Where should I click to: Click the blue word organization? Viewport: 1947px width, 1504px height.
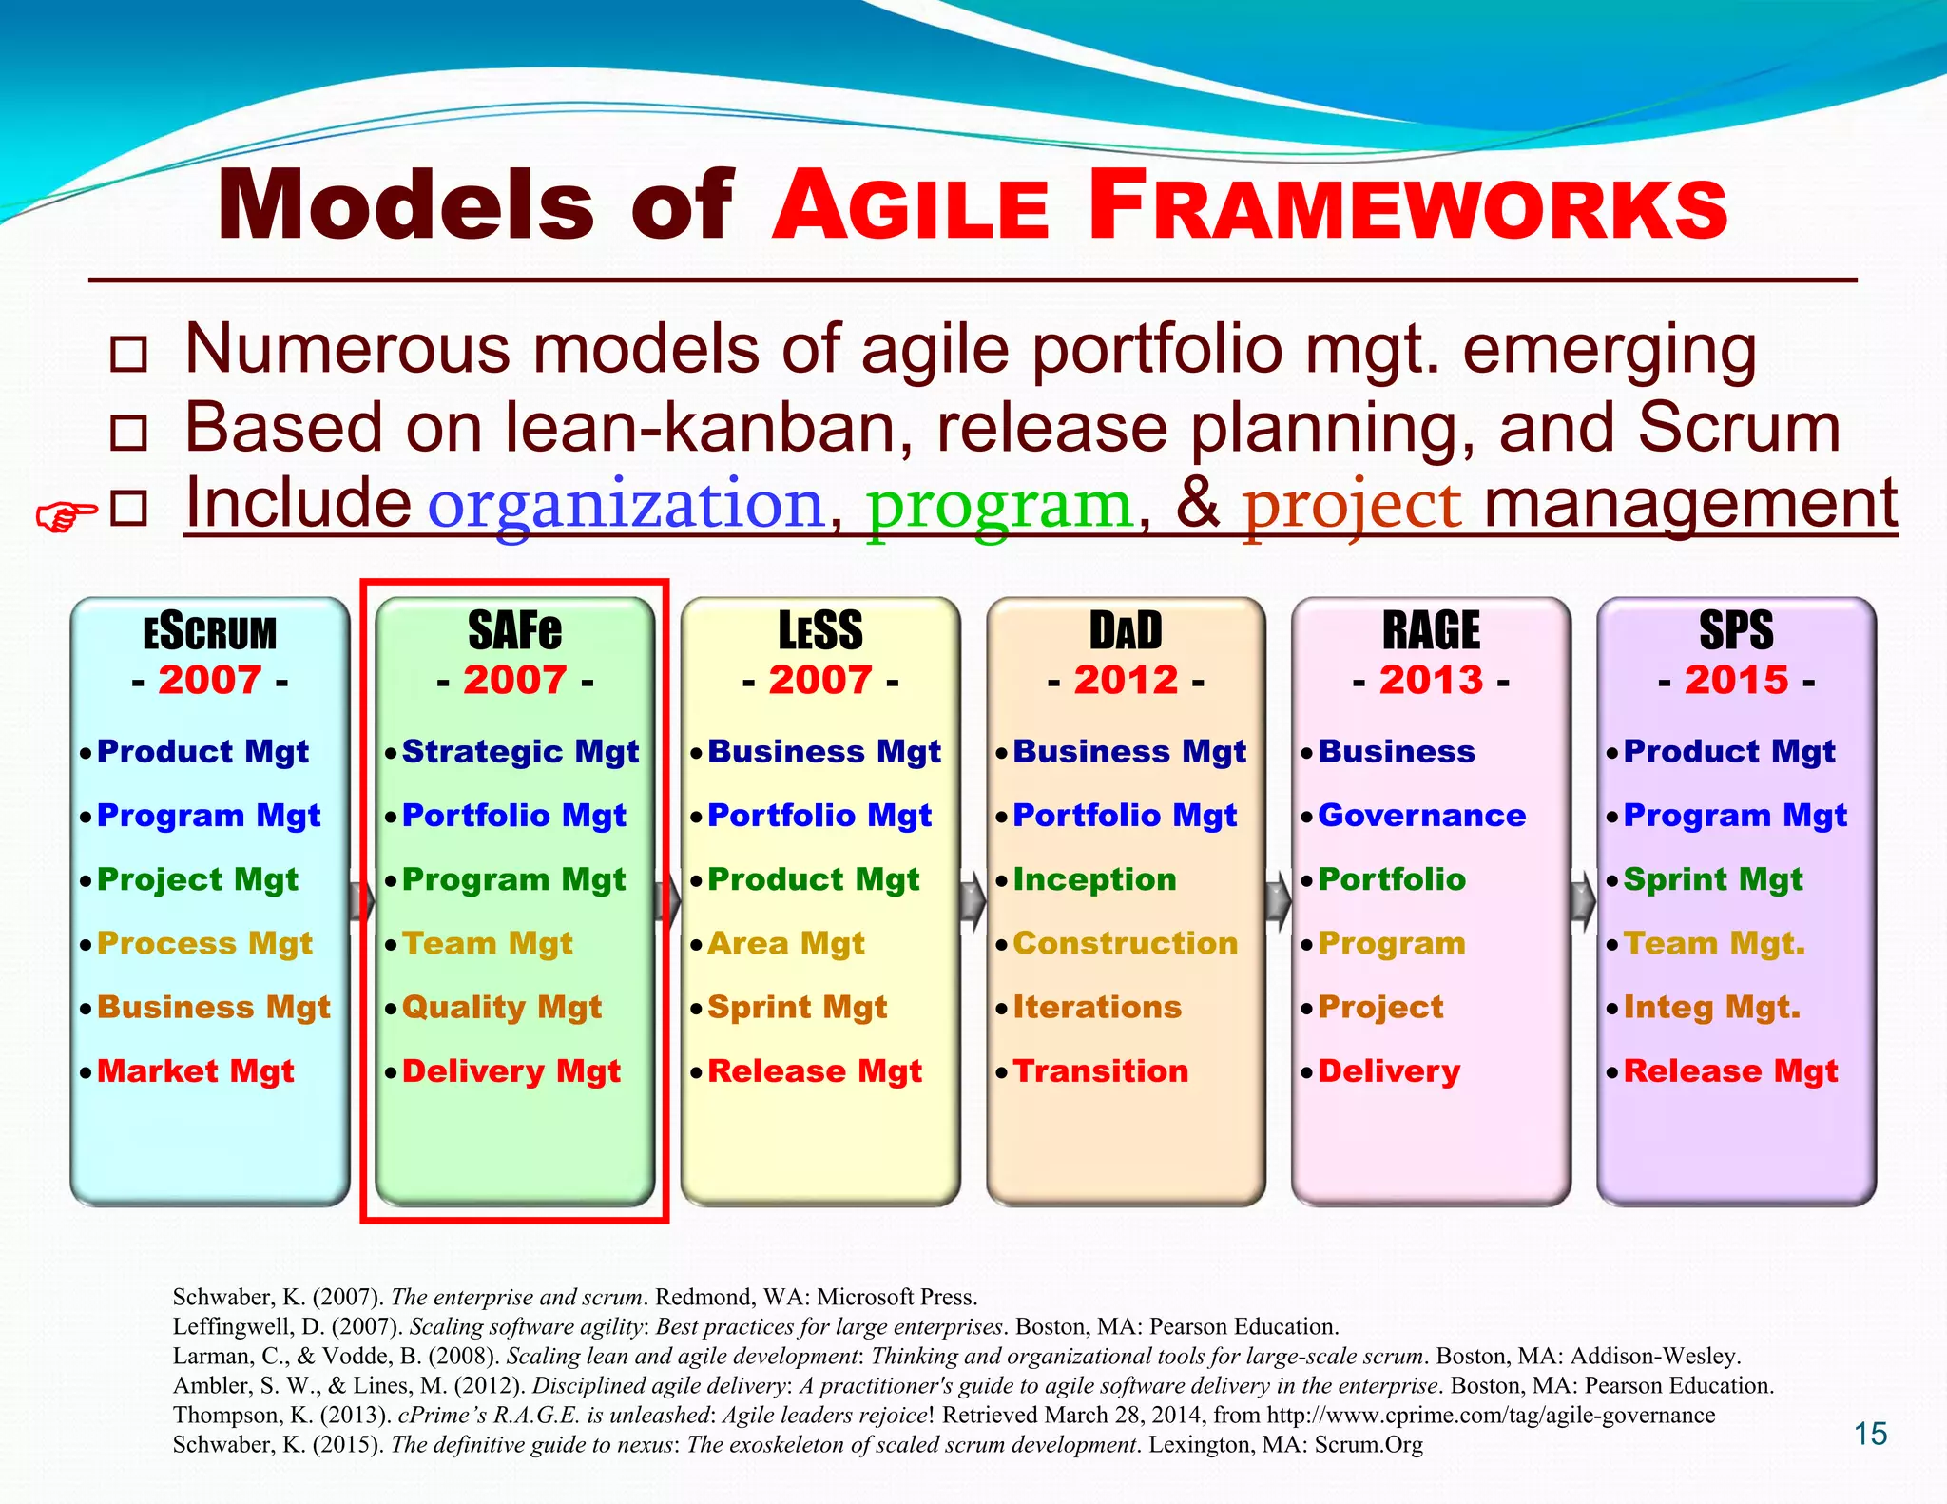(626, 504)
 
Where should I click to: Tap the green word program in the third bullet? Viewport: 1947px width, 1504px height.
(1000, 504)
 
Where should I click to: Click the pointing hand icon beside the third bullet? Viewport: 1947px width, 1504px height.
(66, 516)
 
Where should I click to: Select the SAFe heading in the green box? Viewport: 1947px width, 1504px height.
(514, 630)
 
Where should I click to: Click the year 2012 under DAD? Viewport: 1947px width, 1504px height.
(1126, 680)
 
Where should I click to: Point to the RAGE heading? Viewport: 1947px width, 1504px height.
(1431, 630)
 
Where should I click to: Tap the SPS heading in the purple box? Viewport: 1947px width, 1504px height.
(1736, 630)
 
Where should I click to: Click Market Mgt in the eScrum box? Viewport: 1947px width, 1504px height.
(195, 1071)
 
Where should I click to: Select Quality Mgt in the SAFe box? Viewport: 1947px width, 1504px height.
(501, 1008)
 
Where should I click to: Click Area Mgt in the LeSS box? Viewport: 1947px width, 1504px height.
(785, 943)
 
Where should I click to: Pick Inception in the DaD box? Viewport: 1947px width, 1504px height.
(1094, 879)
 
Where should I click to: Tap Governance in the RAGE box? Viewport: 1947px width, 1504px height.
(1421, 815)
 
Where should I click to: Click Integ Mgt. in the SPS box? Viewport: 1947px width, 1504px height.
(1711, 1008)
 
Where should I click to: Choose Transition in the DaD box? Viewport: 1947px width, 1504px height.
(1100, 1071)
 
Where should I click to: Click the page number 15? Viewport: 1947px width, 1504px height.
(1870, 1434)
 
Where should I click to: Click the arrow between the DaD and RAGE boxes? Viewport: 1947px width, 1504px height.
(1278, 900)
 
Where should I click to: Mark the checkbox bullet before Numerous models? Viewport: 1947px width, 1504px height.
(128, 354)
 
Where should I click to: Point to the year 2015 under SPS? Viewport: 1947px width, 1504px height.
(1736, 680)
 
